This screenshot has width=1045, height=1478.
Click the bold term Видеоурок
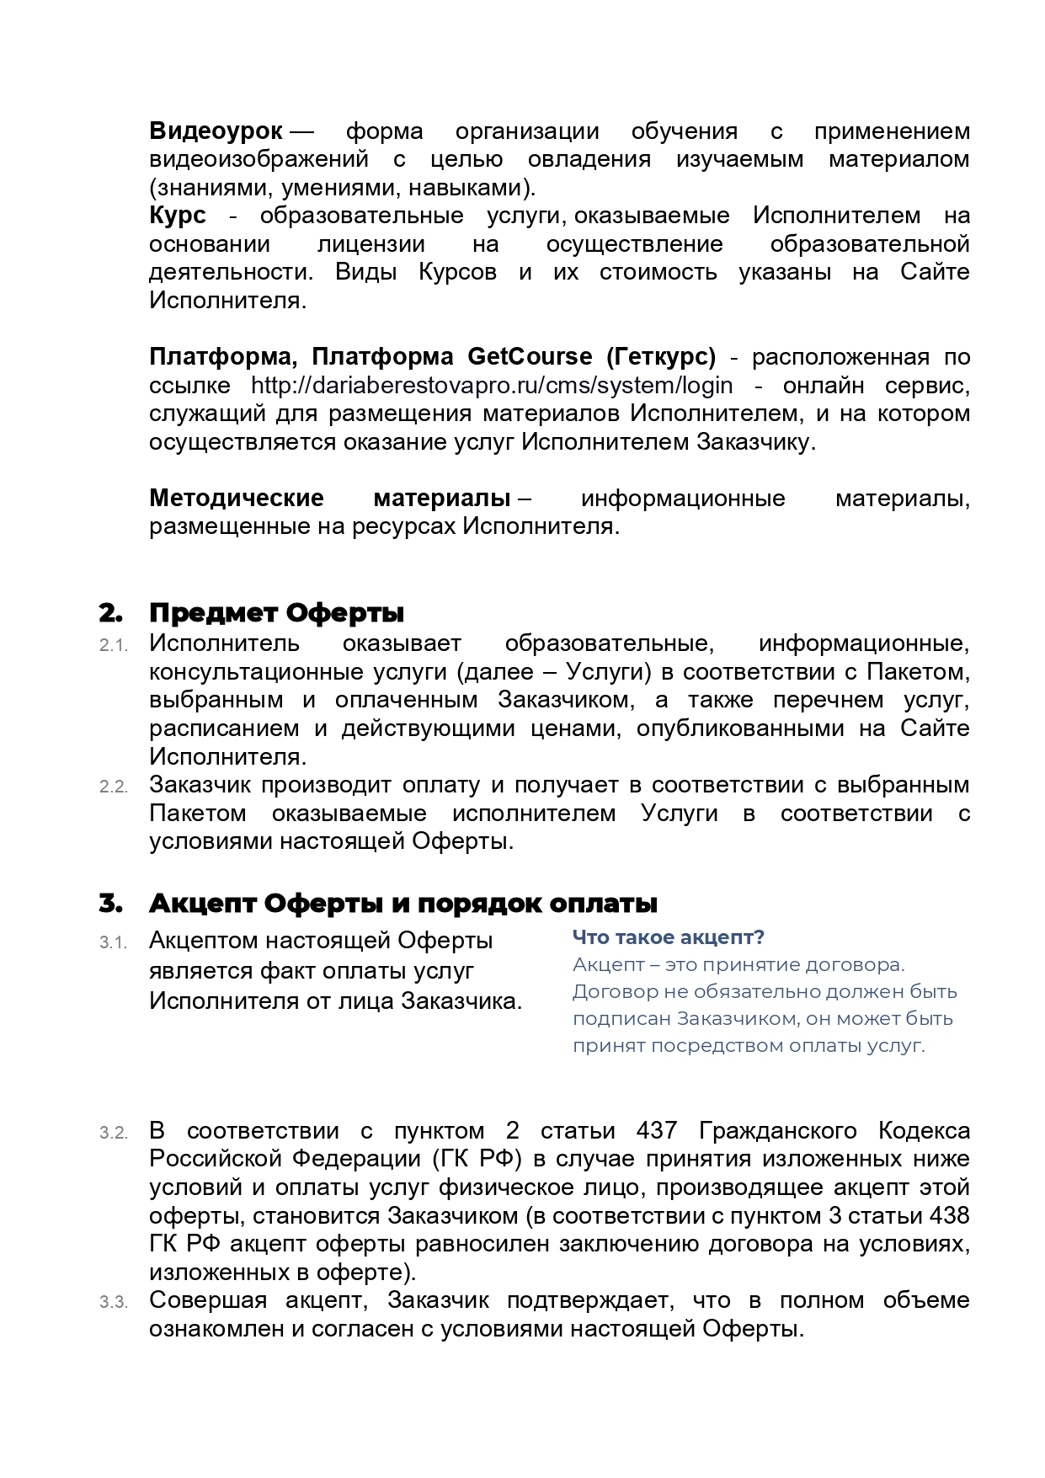(x=216, y=131)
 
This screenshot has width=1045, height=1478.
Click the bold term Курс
(x=177, y=216)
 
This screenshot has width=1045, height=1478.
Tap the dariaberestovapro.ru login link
(x=492, y=386)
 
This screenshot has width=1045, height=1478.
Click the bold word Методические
(x=237, y=499)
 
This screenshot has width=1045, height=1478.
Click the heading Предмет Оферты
(x=276, y=613)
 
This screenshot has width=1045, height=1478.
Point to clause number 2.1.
(x=113, y=646)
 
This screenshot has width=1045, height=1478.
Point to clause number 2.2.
(x=113, y=787)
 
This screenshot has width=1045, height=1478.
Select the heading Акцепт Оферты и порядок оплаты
(x=403, y=904)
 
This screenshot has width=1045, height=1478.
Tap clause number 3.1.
(x=113, y=943)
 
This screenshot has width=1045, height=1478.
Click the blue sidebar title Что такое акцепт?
(x=669, y=937)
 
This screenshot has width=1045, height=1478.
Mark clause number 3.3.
(x=113, y=1303)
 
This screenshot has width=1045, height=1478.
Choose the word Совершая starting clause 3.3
(x=207, y=1300)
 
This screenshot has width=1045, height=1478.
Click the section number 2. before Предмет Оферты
(x=110, y=613)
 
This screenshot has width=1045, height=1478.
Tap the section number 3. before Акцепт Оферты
(x=110, y=904)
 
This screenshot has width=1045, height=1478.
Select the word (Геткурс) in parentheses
(x=661, y=357)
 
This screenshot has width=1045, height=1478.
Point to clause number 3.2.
(x=113, y=1134)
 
